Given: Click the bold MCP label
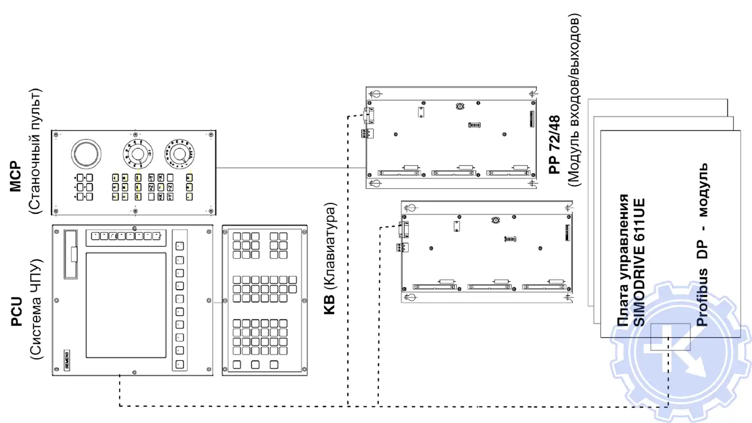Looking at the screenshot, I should pos(16,177).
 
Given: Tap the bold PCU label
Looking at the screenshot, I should pos(17,312).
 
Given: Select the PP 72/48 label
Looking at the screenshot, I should pos(554,145).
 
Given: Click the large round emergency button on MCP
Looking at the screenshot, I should pos(86,154).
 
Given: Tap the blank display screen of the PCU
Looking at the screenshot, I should pos(126,305).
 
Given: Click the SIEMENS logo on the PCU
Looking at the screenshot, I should pos(67,360).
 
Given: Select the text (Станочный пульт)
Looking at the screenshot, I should pos(35,152).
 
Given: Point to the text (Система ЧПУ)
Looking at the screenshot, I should pos(36,309).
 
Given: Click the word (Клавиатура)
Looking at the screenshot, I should pos(330,246).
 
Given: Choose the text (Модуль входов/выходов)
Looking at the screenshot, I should pos(574,100).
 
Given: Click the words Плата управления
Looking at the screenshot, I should pos(623,260).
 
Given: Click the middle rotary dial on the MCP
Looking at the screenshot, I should pos(137,154).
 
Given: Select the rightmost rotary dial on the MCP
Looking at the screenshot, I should pos(179,154).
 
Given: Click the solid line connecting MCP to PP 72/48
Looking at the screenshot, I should pos(291,168).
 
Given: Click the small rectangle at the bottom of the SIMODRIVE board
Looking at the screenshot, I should pos(670,337).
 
